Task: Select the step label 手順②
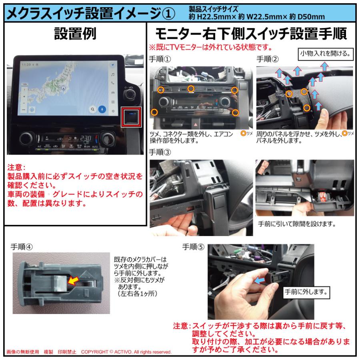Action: tap(267, 59)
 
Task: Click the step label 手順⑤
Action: tap(193, 247)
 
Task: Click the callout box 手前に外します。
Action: tap(306, 292)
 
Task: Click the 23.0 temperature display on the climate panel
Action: tap(85, 137)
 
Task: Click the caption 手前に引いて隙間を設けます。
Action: tap(296, 223)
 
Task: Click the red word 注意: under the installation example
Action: tap(16, 168)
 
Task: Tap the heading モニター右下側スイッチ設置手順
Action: tap(250, 34)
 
